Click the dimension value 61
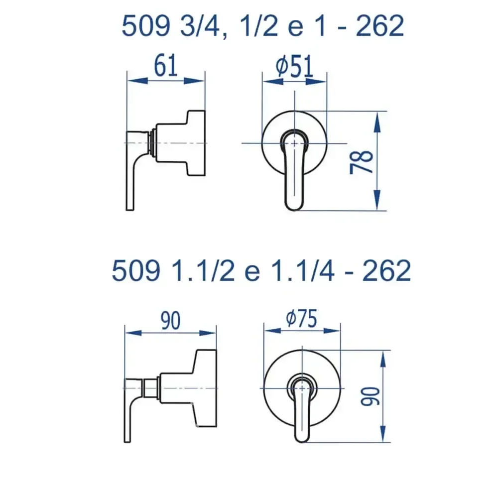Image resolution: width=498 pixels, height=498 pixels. pyautogui.click(x=165, y=66)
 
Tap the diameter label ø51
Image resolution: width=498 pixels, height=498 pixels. pyautogui.click(x=295, y=66)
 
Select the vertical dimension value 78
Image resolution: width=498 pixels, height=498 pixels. pyautogui.click(x=362, y=162)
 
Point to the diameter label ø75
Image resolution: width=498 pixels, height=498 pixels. pyautogui.click(x=301, y=318)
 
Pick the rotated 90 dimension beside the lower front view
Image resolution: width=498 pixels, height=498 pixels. pyautogui.click(x=371, y=396)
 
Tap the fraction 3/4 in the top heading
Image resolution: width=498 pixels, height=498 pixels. pyautogui.click(x=200, y=26)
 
